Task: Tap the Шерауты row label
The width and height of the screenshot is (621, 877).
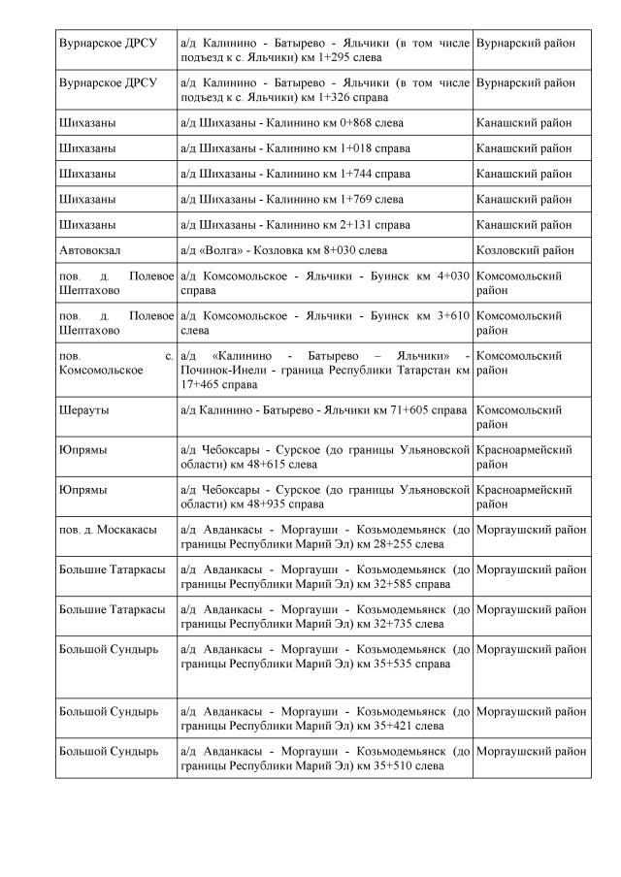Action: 83,410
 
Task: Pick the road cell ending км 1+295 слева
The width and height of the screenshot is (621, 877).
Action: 324,50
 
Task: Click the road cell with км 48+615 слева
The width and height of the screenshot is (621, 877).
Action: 324,457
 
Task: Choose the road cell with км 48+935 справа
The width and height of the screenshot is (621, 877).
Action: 324,497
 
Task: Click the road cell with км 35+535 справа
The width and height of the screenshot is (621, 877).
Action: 324,656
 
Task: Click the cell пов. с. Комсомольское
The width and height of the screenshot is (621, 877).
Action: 115,363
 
